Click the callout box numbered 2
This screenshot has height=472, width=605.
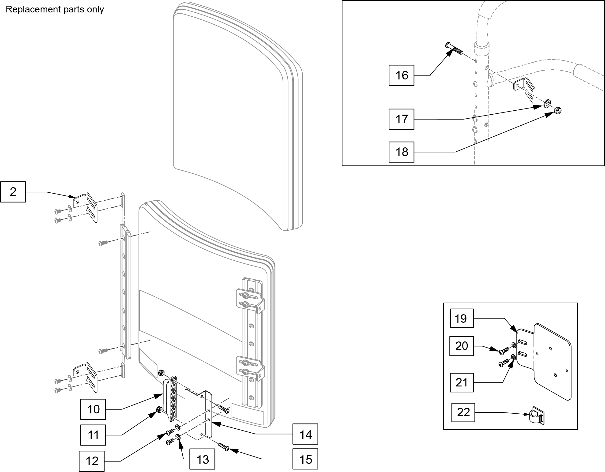(x=13, y=192)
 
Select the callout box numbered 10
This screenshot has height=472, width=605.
(x=93, y=409)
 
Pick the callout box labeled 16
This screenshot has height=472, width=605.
(x=401, y=75)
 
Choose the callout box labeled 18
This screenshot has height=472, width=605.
(x=401, y=152)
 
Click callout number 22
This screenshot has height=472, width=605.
(x=463, y=412)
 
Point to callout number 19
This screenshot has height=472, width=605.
(x=462, y=318)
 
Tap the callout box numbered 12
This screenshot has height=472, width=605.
(x=92, y=461)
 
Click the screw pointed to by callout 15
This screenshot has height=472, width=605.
(x=223, y=447)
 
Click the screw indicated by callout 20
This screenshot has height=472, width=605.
(x=504, y=351)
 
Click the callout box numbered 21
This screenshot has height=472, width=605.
(x=462, y=382)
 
